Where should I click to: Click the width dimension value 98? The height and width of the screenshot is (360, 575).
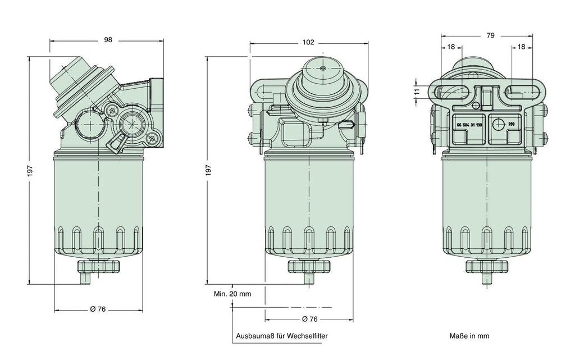(108, 40)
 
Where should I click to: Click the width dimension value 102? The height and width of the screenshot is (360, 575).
(308, 42)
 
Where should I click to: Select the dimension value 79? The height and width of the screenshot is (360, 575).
(490, 36)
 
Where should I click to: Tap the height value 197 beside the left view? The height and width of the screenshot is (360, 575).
(31, 170)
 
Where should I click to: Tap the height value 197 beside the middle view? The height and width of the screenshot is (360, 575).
(208, 169)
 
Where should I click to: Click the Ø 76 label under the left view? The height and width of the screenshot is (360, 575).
(98, 309)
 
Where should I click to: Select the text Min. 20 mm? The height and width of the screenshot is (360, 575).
(232, 293)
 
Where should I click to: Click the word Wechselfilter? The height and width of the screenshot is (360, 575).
(307, 336)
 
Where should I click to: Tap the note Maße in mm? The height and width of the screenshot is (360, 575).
(469, 336)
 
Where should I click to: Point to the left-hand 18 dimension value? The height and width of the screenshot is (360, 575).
(451, 47)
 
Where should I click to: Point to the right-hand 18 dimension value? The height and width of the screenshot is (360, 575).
(522, 47)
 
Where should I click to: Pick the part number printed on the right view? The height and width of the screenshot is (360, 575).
(469, 124)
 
